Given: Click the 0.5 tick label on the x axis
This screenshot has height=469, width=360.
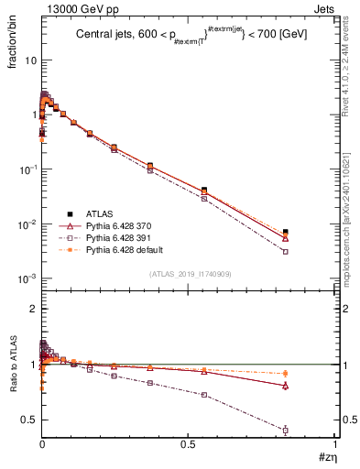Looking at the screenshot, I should [188, 443].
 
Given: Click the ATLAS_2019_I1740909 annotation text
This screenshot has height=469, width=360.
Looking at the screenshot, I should [189, 274].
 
